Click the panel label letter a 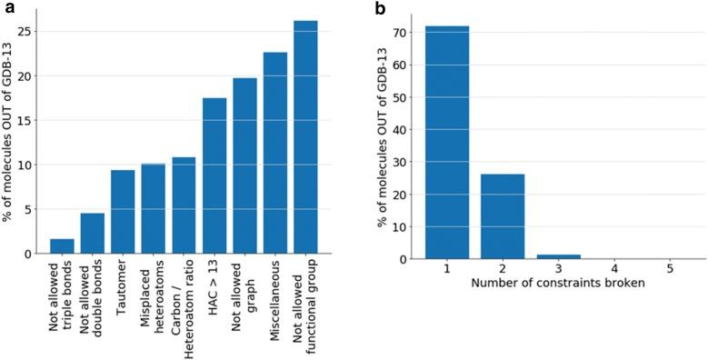[x=6, y=7]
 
